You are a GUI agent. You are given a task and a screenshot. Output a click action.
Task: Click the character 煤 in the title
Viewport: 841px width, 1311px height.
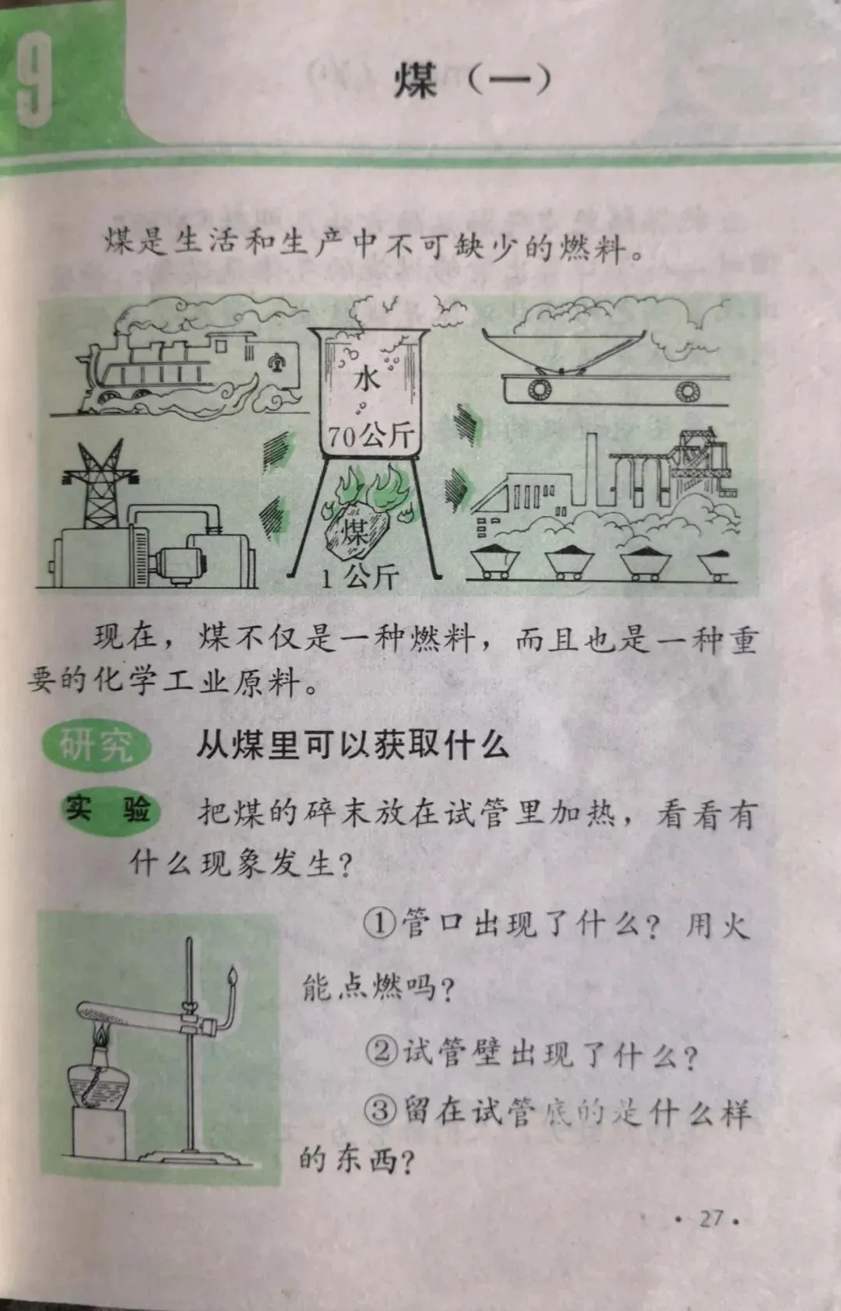[x=416, y=81]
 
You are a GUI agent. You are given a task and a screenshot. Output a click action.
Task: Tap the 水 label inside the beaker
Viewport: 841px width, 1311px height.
[x=366, y=379]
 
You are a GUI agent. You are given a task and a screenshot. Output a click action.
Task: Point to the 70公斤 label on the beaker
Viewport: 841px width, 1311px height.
[x=371, y=435]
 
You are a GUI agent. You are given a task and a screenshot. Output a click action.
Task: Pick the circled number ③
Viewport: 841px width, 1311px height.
[x=381, y=1109]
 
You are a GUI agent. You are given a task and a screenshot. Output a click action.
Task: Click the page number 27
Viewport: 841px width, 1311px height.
[x=711, y=1218]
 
